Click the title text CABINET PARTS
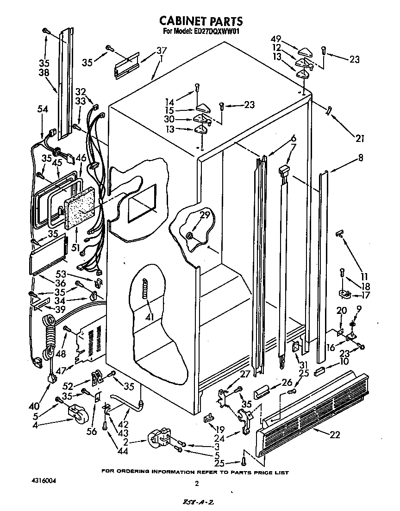(x=200, y=21)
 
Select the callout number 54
(x=43, y=109)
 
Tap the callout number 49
(x=275, y=39)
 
